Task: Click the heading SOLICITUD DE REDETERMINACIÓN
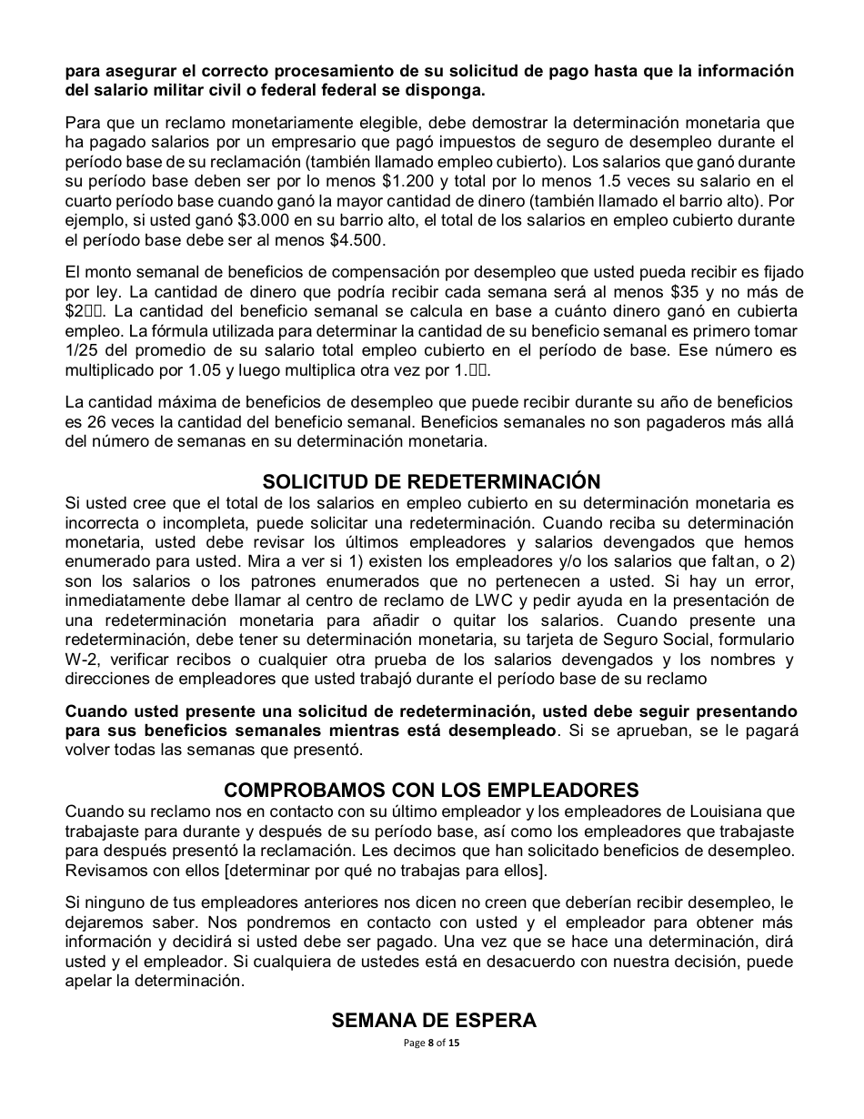[431, 481]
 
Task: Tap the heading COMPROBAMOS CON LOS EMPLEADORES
[431, 790]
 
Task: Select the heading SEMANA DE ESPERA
[434, 1020]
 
